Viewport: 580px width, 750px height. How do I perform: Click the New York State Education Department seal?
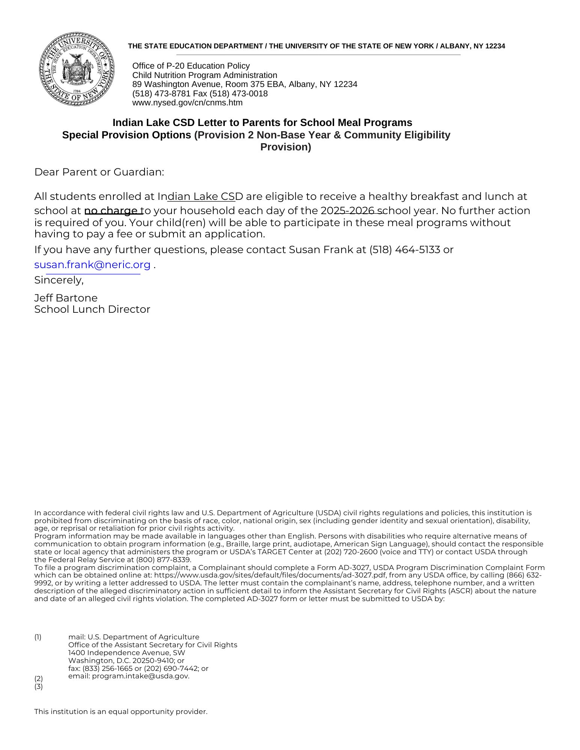click(77, 69)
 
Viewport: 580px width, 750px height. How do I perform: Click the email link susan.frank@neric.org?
click(92, 265)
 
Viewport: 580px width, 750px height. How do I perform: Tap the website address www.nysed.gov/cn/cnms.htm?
click(187, 103)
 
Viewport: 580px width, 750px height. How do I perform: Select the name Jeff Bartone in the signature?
click(66, 298)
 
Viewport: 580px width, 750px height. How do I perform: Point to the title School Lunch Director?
click(92, 309)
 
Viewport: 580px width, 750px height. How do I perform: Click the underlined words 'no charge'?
click(111, 211)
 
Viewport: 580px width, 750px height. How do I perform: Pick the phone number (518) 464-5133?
click(404, 250)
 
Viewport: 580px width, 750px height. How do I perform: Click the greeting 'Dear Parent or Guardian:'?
click(99, 172)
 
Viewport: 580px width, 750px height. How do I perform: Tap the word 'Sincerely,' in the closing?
click(59, 280)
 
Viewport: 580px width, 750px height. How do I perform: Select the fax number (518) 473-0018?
click(238, 94)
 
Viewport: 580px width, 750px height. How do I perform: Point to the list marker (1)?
click(38, 637)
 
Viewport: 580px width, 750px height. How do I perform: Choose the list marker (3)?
click(39, 687)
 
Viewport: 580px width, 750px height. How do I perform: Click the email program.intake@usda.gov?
click(140, 676)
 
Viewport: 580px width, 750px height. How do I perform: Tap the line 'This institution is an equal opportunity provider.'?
click(121, 712)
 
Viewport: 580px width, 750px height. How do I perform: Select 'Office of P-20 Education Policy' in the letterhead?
click(191, 66)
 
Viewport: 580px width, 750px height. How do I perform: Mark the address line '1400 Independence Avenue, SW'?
click(127, 652)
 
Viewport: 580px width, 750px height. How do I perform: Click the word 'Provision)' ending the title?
click(286, 147)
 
